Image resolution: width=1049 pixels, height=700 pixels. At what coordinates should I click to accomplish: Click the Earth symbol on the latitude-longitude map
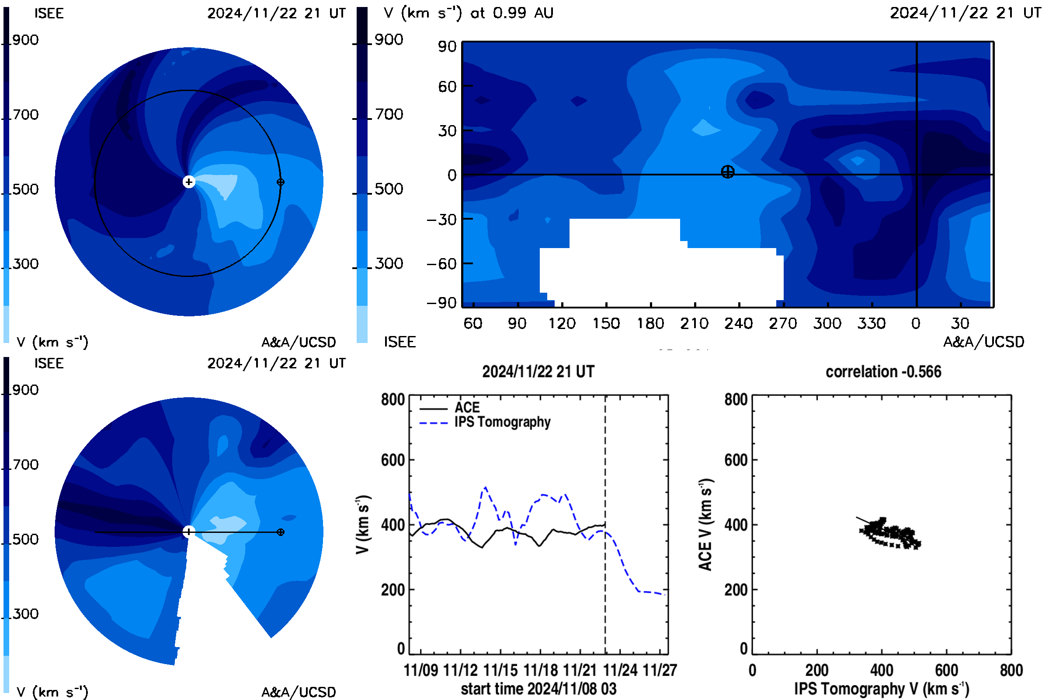[727, 172]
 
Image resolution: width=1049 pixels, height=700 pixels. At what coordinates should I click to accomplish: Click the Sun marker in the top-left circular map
[189, 182]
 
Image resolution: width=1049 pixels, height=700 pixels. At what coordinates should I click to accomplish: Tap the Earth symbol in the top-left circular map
[281, 182]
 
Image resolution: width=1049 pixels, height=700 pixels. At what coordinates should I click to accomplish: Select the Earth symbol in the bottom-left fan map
[281, 532]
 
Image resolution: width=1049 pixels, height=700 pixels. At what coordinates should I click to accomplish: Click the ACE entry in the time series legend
[467, 408]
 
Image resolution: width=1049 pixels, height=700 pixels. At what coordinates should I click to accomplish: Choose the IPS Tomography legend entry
[502, 422]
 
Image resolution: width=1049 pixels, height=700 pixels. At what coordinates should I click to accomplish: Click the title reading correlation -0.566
[883, 371]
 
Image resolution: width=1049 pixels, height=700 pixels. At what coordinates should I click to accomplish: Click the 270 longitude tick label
[783, 323]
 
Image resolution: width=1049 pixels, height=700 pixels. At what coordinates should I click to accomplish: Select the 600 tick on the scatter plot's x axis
[946, 670]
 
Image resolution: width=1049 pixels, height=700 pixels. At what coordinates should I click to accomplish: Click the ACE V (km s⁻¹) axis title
[705, 525]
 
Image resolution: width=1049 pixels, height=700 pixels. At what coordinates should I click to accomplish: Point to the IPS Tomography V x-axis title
[882, 689]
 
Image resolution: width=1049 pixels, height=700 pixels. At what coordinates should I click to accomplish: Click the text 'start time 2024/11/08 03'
[538, 689]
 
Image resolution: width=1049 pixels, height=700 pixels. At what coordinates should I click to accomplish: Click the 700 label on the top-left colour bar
[25, 115]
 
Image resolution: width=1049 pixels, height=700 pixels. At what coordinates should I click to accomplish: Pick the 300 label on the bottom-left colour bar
[25, 614]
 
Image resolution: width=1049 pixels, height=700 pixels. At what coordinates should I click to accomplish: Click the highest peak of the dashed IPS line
[485, 487]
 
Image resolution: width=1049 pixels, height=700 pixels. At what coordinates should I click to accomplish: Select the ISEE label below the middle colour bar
[399, 342]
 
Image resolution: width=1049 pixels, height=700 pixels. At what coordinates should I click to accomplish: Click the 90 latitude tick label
[447, 46]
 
